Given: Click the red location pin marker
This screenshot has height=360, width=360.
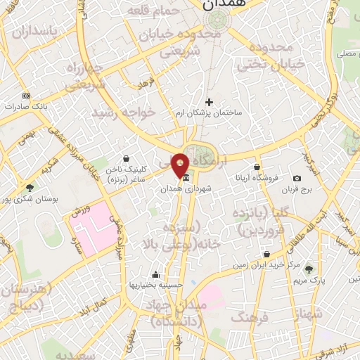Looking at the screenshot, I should (x=181, y=165).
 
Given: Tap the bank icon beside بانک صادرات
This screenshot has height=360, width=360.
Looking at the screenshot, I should (x=27, y=96).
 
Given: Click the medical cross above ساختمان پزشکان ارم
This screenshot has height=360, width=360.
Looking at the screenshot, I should (x=209, y=102).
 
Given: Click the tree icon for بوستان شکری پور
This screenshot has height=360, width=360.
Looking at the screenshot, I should (x=30, y=188).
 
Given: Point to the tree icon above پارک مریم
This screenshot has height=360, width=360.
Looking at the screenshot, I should (x=308, y=269).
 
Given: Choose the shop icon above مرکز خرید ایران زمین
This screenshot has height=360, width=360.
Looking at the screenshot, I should (x=266, y=254).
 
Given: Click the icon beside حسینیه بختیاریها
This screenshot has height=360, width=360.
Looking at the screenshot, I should (x=155, y=275).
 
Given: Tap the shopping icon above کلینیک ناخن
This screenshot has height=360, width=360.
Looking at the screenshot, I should (x=126, y=159).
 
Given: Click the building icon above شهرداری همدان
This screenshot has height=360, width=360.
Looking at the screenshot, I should (x=185, y=179).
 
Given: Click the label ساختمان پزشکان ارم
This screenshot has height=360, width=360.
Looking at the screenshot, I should (x=208, y=112).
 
